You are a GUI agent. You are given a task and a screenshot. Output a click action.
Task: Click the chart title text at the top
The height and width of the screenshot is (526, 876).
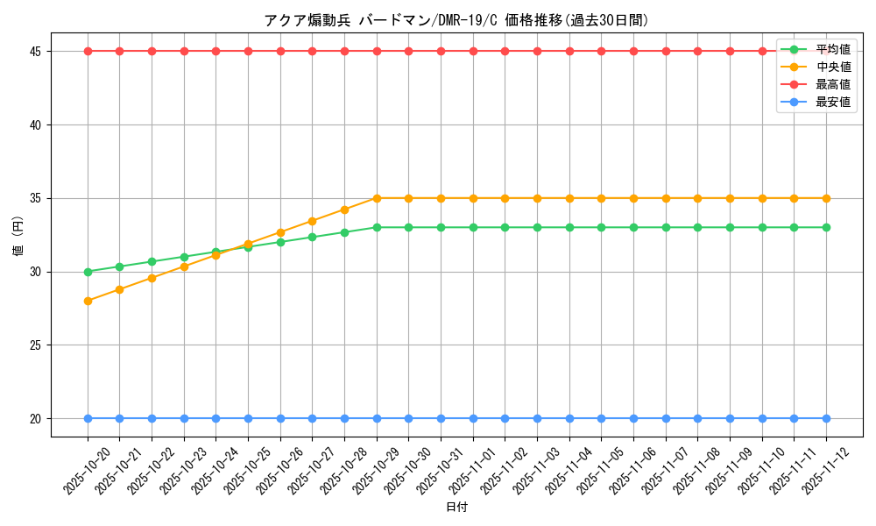(x=456, y=20)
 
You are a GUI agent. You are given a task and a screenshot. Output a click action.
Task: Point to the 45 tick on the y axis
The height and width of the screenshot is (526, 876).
(x=36, y=52)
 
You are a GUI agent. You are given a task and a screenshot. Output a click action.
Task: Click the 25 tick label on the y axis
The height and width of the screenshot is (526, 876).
(x=36, y=345)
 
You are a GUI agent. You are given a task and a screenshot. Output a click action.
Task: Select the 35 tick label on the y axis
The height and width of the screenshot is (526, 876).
(x=36, y=199)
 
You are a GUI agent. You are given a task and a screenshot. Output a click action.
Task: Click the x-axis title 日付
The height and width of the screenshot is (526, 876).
(x=456, y=508)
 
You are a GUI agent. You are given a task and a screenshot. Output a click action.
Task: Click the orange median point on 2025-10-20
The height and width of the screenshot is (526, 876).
(x=88, y=301)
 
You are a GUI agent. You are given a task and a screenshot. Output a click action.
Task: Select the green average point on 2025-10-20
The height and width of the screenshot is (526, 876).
(x=88, y=272)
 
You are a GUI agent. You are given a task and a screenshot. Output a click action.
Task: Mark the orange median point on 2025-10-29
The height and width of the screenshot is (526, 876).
(x=377, y=198)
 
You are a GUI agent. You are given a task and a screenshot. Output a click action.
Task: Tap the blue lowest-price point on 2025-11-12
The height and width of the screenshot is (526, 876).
(x=826, y=418)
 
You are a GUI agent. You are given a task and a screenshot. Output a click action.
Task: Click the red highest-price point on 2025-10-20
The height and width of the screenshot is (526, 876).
(x=88, y=51)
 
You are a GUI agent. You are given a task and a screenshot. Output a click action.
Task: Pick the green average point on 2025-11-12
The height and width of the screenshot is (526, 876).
(x=826, y=227)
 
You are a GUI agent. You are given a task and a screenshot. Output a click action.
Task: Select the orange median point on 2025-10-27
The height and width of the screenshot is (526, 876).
(x=313, y=221)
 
